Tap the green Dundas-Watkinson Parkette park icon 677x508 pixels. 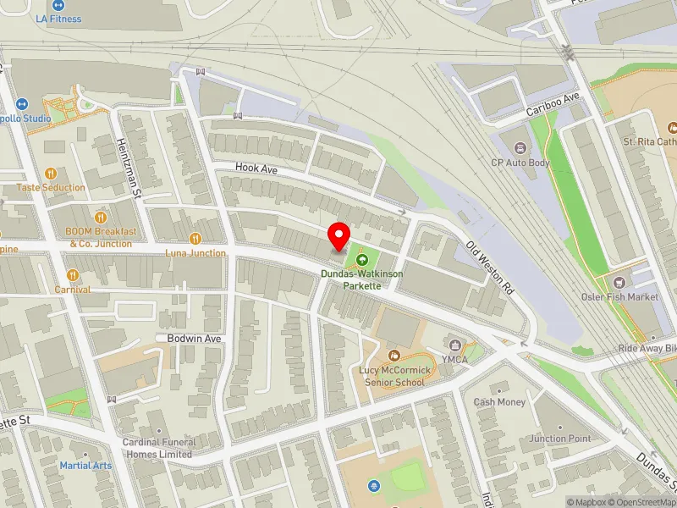tap(362, 260)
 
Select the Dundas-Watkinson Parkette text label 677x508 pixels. tap(361, 280)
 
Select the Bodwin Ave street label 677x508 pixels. tap(194, 338)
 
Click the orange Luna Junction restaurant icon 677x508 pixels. tap(195, 239)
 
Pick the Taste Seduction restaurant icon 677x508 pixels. tap(51, 174)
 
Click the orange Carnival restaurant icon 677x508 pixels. tap(73, 275)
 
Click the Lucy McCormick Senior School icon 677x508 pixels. tap(394, 354)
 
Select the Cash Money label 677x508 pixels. tap(499, 402)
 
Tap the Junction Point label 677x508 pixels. tap(559, 439)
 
